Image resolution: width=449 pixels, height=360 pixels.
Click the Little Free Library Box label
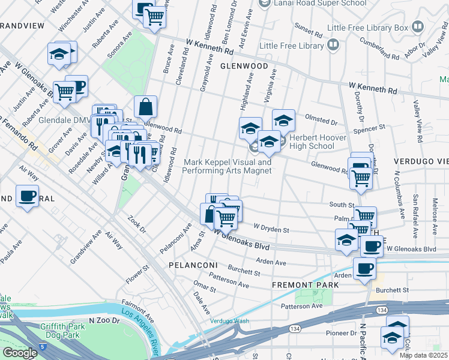tap(367, 28)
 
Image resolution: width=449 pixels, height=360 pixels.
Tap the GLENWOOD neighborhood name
tap(243, 66)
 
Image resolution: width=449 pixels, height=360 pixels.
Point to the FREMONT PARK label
tap(298, 284)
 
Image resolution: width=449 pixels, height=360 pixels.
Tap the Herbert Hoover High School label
tap(320, 142)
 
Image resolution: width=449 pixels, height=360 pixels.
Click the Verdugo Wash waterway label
tap(229, 321)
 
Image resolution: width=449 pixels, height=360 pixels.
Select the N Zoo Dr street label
tap(104, 321)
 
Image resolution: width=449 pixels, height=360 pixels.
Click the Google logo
tap(20, 353)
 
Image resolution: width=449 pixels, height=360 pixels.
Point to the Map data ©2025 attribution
tap(423, 355)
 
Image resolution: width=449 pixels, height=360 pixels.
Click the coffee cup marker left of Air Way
tap(28, 196)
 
